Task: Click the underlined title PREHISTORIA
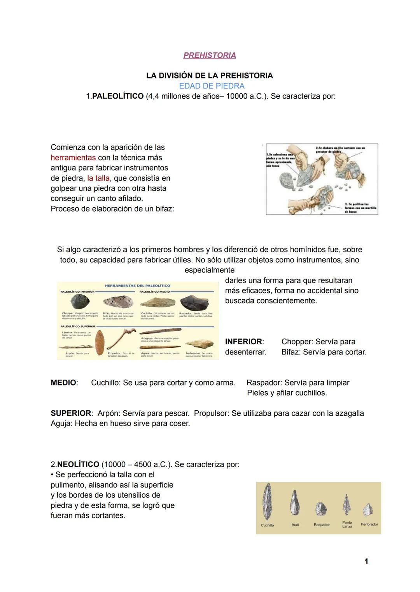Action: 210,56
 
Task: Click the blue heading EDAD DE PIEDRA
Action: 212,86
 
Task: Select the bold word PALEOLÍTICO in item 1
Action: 118,96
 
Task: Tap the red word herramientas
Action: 73,158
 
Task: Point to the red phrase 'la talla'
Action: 98,178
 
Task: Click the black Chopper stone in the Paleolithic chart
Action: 80,302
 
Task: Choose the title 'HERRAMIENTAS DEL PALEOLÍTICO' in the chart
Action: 138,286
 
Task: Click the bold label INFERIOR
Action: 244,342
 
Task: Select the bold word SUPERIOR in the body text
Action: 71,413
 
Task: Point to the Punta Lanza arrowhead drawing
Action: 346,505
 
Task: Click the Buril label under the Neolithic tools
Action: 296,525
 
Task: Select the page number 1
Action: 366,561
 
